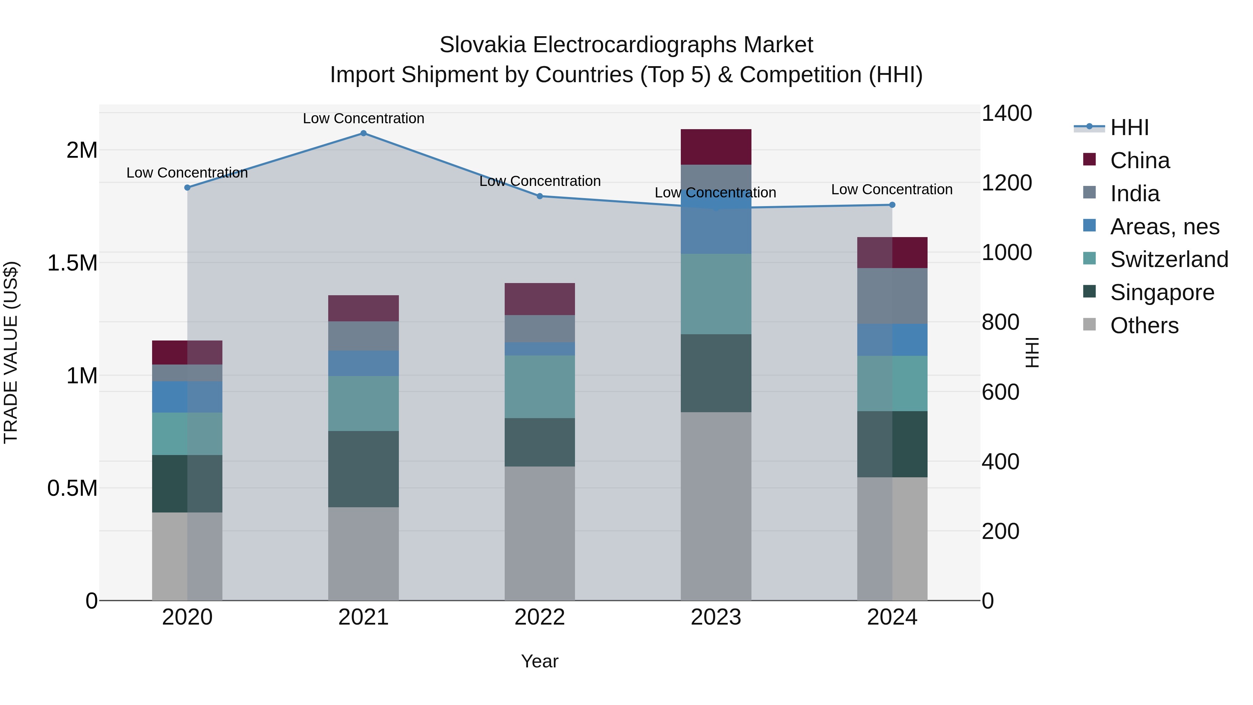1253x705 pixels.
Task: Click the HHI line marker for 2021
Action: pyautogui.click(x=363, y=133)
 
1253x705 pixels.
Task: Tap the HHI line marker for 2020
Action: pyautogui.click(x=187, y=187)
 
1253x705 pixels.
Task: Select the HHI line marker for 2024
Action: pyautogui.click(x=892, y=205)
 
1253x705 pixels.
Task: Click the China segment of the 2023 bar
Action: pyautogui.click(x=716, y=147)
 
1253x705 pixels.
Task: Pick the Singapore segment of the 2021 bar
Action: pyautogui.click(x=363, y=469)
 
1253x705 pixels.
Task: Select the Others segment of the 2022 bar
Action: pyautogui.click(x=539, y=533)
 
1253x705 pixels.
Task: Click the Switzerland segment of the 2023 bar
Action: pyautogui.click(x=716, y=294)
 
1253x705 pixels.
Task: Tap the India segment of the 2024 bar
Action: pyautogui.click(x=892, y=296)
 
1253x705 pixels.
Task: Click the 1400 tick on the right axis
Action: pyautogui.click(x=1006, y=113)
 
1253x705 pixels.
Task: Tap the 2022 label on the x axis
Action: pyautogui.click(x=539, y=617)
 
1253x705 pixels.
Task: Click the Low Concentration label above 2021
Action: pyautogui.click(x=363, y=118)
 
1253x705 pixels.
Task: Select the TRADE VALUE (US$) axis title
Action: pyautogui.click(x=11, y=352)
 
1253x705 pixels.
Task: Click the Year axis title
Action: pyautogui.click(x=539, y=661)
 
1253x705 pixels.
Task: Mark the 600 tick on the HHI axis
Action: pyautogui.click(x=1000, y=392)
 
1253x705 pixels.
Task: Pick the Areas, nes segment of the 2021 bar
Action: pyautogui.click(x=363, y=363)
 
